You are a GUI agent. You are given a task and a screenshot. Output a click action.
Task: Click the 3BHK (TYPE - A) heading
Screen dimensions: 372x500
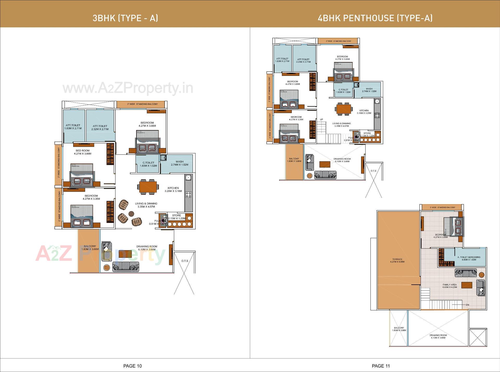click(x=125, y=18)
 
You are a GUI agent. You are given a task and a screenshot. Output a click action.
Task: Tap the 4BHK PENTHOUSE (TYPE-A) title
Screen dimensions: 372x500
click(x=375, y=18)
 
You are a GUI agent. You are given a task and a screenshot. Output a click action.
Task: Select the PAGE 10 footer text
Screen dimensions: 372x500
click(x=133, y=366)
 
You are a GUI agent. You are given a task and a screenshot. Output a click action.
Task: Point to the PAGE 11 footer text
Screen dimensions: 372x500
click(x=381, y=366)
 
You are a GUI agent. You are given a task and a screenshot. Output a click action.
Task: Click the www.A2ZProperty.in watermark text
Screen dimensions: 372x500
click(x=128, y=88)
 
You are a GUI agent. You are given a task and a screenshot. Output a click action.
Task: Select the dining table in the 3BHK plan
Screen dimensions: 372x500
click(x=148, y=187)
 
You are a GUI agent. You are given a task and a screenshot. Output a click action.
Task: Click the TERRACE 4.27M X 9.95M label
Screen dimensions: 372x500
click(x=397, y=260)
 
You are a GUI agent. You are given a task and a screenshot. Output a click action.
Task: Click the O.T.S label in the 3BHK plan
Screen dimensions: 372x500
click(x=185, y=261)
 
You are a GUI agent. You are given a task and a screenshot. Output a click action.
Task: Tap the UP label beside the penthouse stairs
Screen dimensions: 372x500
click(x=321, y=119)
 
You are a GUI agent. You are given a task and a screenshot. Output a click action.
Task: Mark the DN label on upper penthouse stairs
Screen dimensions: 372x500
click(x=467, y=305)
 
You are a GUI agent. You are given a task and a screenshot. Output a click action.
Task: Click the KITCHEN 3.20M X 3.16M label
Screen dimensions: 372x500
click(x=173, y=190)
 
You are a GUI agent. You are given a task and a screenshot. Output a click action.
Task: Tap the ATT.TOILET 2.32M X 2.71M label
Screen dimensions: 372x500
click(x=100, y=127)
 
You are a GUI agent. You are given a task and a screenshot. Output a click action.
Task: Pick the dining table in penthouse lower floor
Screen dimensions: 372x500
click(x=343, y=109)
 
